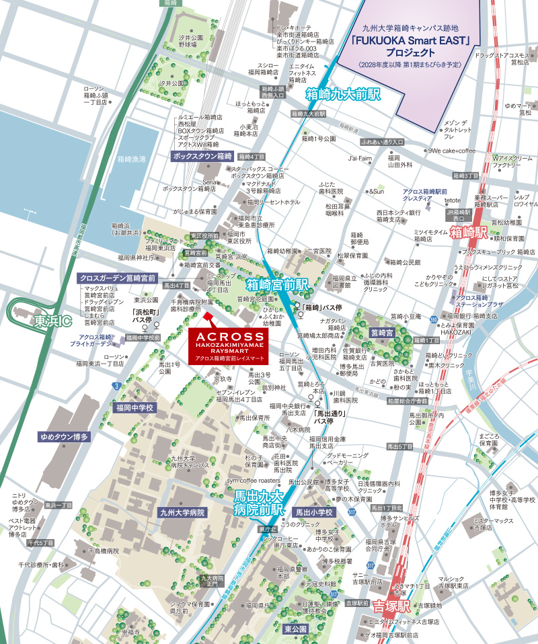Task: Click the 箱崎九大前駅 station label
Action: point(343,94)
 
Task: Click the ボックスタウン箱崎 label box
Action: point(202,155)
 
